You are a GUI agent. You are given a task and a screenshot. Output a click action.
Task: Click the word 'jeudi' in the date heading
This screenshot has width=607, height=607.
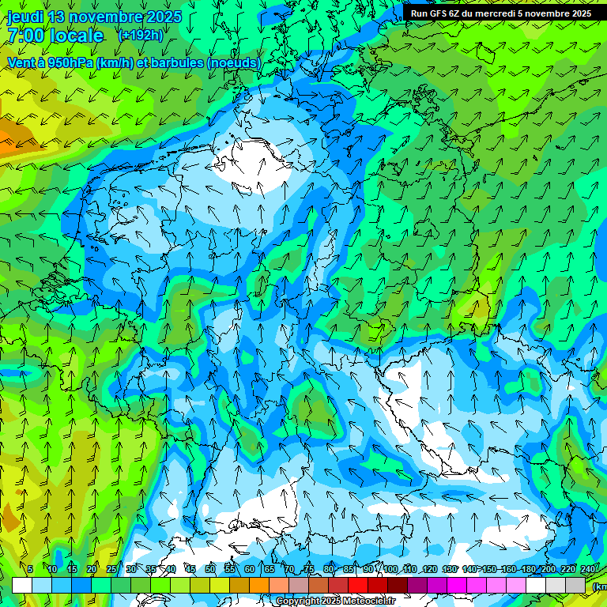point(25,17)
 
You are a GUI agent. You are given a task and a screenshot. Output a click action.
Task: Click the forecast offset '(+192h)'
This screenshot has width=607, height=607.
point(141,36)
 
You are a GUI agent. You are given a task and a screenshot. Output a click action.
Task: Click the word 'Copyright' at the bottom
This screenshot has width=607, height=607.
point(299,601)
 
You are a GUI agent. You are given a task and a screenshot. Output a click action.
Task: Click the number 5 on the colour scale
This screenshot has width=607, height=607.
point(30,569)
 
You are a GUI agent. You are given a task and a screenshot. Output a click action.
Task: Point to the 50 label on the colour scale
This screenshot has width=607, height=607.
point(210,569)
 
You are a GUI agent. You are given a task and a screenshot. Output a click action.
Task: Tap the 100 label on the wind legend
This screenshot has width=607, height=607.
point(390,569)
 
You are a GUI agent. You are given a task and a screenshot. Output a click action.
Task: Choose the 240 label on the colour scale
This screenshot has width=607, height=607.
point(588,569)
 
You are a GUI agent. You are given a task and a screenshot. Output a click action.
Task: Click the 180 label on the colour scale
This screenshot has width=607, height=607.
point(529,569)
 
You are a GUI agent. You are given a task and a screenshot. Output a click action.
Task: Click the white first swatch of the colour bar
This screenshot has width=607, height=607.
point(22,585)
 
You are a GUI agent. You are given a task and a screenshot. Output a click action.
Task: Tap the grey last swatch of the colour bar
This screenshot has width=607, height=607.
point(575,585)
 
